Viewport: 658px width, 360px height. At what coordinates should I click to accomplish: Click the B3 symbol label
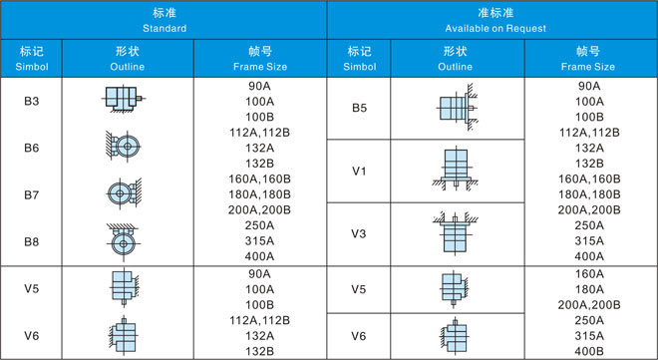32,101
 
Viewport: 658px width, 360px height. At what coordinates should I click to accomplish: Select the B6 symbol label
32,148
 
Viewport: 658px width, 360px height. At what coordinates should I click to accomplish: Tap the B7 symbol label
32,195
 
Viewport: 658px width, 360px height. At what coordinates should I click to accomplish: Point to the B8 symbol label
32,241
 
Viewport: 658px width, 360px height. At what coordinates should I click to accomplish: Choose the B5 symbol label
359,108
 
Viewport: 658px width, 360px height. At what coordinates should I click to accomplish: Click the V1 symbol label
359,172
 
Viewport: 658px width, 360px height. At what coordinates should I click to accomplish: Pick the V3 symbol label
359,233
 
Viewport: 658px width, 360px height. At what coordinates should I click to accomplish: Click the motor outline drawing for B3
124,99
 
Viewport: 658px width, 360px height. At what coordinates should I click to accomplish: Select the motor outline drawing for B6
123,147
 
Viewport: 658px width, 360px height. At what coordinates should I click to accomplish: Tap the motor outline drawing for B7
124,193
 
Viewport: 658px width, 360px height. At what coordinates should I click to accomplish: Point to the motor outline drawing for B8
123,242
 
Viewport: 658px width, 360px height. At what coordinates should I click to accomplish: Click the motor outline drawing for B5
457,108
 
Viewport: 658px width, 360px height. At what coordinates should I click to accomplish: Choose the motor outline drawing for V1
456,169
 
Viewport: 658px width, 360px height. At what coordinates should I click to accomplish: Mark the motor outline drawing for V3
456,233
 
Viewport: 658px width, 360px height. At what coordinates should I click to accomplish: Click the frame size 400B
589,351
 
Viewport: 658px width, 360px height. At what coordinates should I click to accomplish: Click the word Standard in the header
164,29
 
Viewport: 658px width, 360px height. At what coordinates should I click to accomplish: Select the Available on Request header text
495,29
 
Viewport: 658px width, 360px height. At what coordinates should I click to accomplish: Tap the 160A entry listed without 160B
589,274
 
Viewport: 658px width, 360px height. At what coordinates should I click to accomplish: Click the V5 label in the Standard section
32,288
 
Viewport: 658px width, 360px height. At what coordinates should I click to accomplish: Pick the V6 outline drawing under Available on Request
454,336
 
